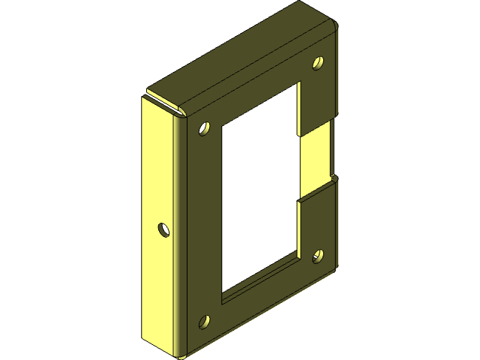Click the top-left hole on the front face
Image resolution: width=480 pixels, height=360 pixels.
point(204,130)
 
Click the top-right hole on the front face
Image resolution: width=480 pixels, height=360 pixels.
point(318,63)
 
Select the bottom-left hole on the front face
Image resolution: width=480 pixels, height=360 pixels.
point(204,322)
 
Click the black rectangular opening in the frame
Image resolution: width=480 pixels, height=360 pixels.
point(259,195)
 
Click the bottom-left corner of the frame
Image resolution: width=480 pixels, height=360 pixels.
point(178,352)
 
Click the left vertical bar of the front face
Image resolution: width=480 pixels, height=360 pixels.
point(199,225)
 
